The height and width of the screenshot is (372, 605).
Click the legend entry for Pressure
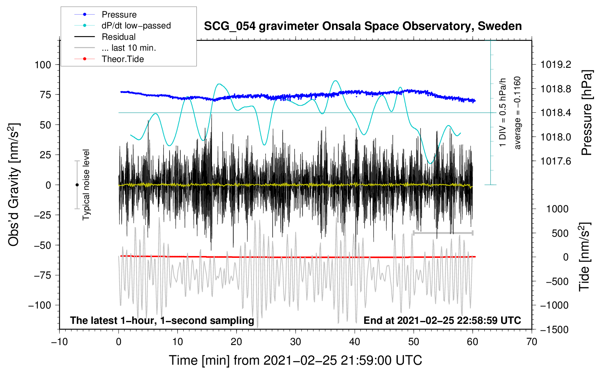pyautogui.click(x=119, y=15)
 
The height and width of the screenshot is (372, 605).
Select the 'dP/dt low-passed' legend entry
pyautogui.click(x=136, y=26)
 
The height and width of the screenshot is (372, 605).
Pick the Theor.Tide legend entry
pyautogui.click(x=122, y=59)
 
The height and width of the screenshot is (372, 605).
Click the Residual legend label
pyautogui.click(x=118, y=37)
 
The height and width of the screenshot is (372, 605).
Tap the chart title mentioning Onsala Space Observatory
pyautogui.click(x=363, y=26)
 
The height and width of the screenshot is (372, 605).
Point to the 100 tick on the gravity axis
pyautogui.click(x=43, y=65)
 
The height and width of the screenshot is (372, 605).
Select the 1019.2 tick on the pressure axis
pyautogui.click(x=555, y=65)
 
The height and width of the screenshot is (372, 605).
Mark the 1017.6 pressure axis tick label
pyautogui.click(x=555, y=161)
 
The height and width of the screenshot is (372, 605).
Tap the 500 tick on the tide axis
pyautogui.click(x=560, y=233)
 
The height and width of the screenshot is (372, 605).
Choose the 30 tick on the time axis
pyautogui.click(x=296, y=342)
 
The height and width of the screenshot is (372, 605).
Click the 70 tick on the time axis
pyautogui.click(x=532, y=342)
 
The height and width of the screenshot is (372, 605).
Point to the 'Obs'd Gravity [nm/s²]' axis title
pyautogui.click(x=13, y=185)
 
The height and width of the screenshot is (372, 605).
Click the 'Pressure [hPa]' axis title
pyautogui.click(x=587, y=113)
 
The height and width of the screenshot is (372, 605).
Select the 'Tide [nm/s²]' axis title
pyautogui.click(x=585, y=257)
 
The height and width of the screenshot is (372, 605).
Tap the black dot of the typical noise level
pyautogui.click(x=77, y=185)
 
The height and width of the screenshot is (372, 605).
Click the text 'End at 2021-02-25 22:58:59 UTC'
pyautogui.click(x=442, y=321)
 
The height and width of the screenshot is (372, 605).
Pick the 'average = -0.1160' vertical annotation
pyautogui.click(x=518, y=113)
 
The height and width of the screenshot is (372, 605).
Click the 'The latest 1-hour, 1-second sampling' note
pyautogui.click(x=162, y=321)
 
